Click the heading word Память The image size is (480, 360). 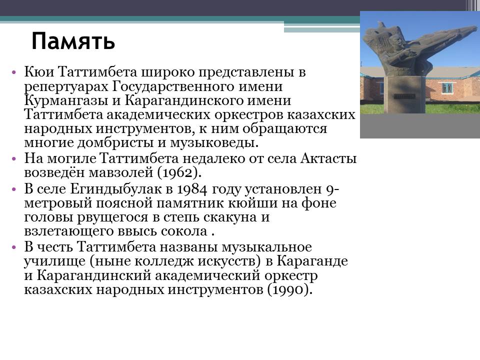pos(73,41)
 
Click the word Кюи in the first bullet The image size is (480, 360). pos(39,72)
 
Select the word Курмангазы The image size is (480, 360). pos(66,100)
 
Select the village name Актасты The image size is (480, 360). pos(328,158)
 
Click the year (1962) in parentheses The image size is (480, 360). pos(179,172)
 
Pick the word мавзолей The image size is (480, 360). pos(121,172)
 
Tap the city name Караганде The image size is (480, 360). pos(312,261)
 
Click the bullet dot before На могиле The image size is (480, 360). pos(13,159)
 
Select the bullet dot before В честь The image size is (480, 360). pos(13,247)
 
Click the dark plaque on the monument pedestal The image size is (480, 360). pos(403,96)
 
